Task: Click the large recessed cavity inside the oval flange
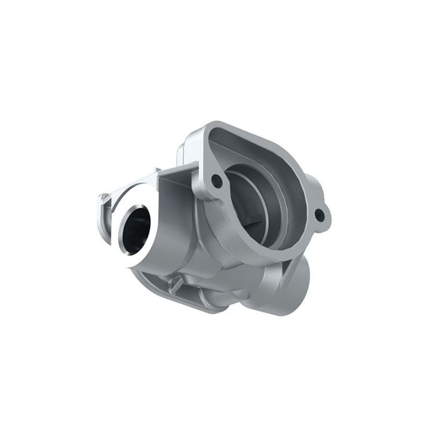(x=263, y=197)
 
